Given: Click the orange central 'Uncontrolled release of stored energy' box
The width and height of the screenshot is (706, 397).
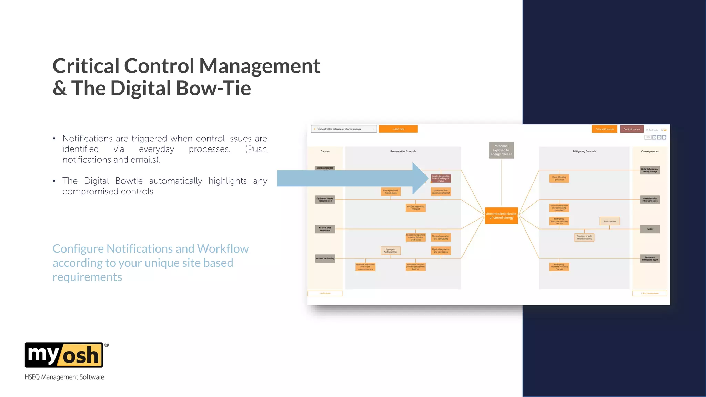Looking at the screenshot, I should coord(501,216).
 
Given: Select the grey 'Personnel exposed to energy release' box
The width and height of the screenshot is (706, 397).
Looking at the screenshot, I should coord(501,150).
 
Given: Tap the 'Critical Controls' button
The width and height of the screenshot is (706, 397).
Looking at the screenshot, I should coord(604,129).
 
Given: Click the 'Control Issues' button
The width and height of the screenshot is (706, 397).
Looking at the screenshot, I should coord(632,129).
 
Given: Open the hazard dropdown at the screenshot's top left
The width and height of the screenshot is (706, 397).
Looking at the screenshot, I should coord(343,129).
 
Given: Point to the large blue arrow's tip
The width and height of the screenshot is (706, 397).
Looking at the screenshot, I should coord(427,178).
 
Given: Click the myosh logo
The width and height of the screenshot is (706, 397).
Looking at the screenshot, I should coord(64,355).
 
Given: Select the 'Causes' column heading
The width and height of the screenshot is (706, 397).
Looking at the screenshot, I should coord(325,151).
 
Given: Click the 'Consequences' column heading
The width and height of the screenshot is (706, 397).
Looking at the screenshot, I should coord(650,151).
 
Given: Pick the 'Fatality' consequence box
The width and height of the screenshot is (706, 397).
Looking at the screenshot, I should coord(650,229).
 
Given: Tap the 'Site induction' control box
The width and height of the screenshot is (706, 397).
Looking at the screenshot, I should coord(609,221).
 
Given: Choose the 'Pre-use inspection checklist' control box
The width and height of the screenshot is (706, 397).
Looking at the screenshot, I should coord(415,208).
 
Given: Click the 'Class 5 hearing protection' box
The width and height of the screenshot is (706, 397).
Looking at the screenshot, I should coord(559,179).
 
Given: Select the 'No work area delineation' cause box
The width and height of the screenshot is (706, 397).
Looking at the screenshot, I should coord(325,229).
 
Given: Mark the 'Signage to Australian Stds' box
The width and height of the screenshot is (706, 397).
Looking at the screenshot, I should coord(391,251).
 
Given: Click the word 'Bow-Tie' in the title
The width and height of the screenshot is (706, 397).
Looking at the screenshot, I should coord(213,89).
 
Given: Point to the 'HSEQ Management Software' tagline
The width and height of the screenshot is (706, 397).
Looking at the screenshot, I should coord(64,377).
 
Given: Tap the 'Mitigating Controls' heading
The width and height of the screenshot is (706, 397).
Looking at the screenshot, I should coord(584,151).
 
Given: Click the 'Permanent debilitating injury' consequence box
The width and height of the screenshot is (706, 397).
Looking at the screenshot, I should coord(650,258).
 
